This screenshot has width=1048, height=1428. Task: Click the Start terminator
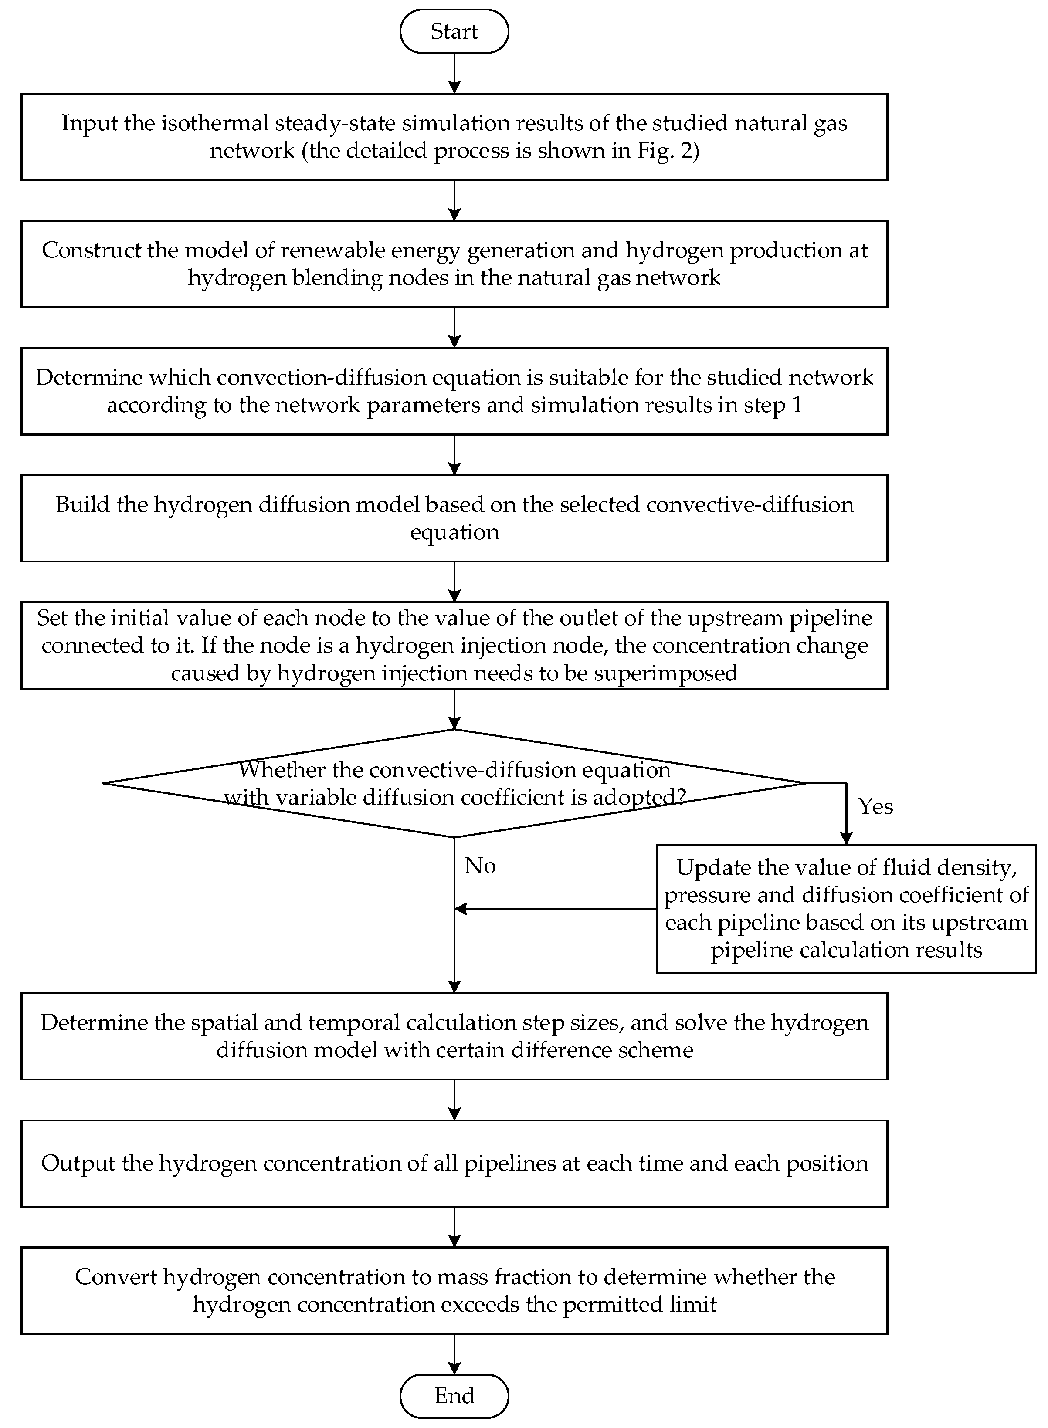[454, 31]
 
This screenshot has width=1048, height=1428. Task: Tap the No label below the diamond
[480, 866]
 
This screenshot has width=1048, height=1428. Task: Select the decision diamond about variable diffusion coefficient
[454, 783]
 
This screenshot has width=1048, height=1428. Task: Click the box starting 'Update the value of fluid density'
[846, 909]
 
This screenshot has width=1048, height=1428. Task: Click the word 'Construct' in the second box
[82, 250]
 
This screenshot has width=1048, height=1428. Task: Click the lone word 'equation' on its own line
[454, 532]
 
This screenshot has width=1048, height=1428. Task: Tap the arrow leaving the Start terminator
[454, 73]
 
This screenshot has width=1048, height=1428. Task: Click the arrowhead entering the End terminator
[454, 1368]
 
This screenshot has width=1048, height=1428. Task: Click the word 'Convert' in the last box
[115, 1276]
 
